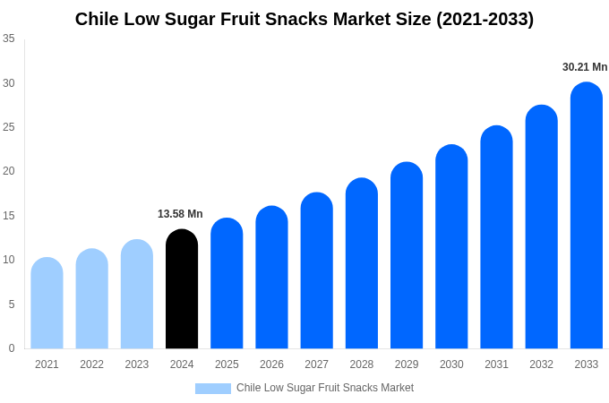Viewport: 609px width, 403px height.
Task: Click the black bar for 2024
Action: pos(182,289)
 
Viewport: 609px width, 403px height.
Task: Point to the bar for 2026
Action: pos(271,278)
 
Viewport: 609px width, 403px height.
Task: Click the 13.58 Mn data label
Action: pos(180,214)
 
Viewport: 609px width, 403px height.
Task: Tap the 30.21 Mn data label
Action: pos(585,67)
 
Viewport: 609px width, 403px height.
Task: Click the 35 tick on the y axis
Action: pos(9,39)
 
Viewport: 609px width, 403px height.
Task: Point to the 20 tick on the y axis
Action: pos(9,171)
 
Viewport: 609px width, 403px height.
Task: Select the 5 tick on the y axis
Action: pos(12,304)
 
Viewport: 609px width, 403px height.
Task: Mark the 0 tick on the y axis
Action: pos(12,348)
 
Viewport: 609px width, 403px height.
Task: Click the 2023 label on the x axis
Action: pos(137,364)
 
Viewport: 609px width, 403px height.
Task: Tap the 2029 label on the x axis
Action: pos(407,364)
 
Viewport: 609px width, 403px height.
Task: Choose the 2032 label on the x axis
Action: pos(541,364)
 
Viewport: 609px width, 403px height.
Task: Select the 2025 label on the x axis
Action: pos(227,364)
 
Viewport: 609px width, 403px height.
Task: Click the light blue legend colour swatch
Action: pos(213,389)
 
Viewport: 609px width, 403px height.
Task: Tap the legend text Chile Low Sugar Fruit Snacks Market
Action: pos(325,388)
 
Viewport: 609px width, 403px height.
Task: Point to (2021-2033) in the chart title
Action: pos(485,19)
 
